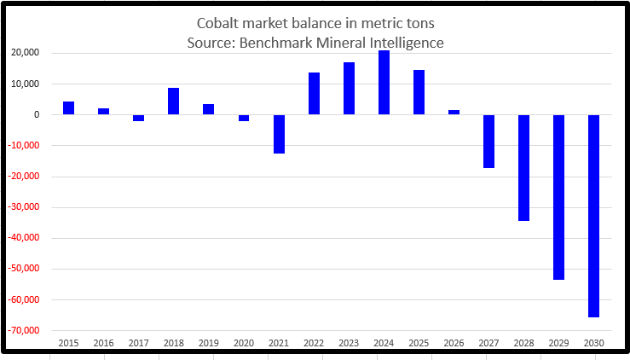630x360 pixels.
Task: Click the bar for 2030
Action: pyautogui.click(x=593, y=216)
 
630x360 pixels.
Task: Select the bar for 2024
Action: pyautogui.click(x=384, y=83)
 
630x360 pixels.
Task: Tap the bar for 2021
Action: pyautogui.click(x=279, y=134)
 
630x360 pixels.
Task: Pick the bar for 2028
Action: pyautogui.click(x=523, y=168)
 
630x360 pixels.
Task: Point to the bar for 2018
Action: pyautogui.click(x=173, y=102)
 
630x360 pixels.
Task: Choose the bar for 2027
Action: pyautogui.click(x=488, y=142)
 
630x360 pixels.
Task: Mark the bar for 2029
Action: pyautogui.click(x=558, y=197)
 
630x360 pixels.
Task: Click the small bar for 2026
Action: pyautogui.click(x=454, y=113)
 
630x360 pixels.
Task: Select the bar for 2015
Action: pyautogui.click(x=68, y=108)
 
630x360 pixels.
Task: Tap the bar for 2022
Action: pyautogui.click(x=314, y=94)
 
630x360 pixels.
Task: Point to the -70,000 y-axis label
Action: pyautogui.click(x=32, y=331)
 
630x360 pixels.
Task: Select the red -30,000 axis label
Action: pyautogui.click(x=32, y=207)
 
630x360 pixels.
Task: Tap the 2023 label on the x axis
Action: pyautogui.click(x=349, y=343)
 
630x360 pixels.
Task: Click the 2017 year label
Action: pyautogui.click(x=138, y=343)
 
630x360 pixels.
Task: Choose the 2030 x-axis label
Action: pyautogui.click(x=593, y=343)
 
